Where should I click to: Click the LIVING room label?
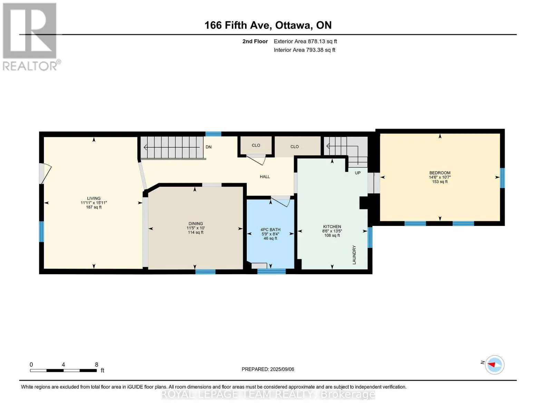click(x=94, y=198)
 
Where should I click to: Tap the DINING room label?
click(x=196, y=224)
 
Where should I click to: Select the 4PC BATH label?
click(x=270, y=229)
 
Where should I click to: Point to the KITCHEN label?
click(x=332, y=227)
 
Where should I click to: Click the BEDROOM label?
click(x=440, y=173)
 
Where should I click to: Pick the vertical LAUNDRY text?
click(x=354, y=255)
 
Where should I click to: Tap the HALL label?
click(x=265, y=177)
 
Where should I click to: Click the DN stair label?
click(x=208, y=147)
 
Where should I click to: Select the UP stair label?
click(x=358, y=173)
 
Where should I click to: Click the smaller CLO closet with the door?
click(x=256, y=146)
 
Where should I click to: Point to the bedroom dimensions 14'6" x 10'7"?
click(x=440, y=177)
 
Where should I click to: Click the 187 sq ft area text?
click(x=94, y=207)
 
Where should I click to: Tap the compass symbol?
click(x=494, y=365)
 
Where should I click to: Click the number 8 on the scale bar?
click(x=96, y=364)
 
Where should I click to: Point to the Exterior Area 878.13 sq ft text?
click(x=305, y=41)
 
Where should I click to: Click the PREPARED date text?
click(x=268, y=369)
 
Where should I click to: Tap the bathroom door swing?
click(x=281, y=201)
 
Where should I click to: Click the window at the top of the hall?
click(x=213, y=134)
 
